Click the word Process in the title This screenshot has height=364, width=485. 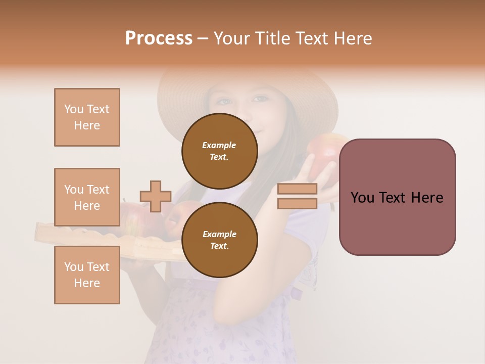(x=159, y=38)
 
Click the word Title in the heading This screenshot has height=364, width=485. (x=272, y=38)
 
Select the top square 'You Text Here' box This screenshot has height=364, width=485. (x=87, y=117)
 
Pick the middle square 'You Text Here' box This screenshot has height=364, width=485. (x=87, y=197)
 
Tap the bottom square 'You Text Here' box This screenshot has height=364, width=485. (x=87, y=275)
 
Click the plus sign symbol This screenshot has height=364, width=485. (x=156, y=196)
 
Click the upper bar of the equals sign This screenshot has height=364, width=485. (x=297, y=189)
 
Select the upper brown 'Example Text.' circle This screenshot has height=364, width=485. (x=220, y=151)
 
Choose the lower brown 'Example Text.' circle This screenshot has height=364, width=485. (x=220, y=240)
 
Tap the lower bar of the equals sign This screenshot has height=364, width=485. (x=297, y=204)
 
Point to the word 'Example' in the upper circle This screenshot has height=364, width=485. (x=219, y=145)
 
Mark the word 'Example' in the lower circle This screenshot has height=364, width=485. (x=219, y=234)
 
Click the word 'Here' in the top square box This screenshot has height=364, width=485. (x=87, y=125)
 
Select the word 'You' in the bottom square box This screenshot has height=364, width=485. (x=74, y=267)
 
